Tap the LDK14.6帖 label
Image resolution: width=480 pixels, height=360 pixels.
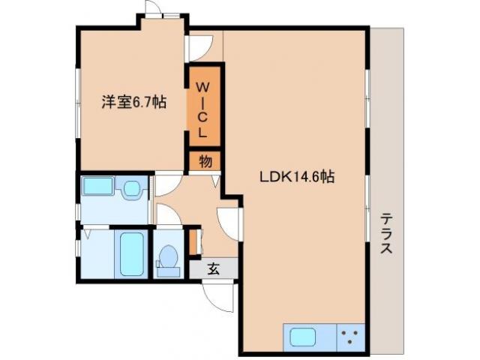point(297,178)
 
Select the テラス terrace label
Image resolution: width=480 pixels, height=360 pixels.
point(387,233)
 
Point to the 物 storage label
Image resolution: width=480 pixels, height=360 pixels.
point(205,161)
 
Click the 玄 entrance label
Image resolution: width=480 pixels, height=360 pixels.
point(213,268)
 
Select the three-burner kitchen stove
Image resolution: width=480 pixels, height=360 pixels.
point(349,336)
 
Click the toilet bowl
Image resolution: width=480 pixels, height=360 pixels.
point(168,259)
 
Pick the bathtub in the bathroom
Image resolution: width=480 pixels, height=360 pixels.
point(131,253)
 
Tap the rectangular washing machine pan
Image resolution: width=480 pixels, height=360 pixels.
point(97,187)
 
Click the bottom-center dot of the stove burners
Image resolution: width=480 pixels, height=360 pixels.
point(349,342)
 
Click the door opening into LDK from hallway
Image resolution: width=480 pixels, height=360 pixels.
point(229,222)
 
